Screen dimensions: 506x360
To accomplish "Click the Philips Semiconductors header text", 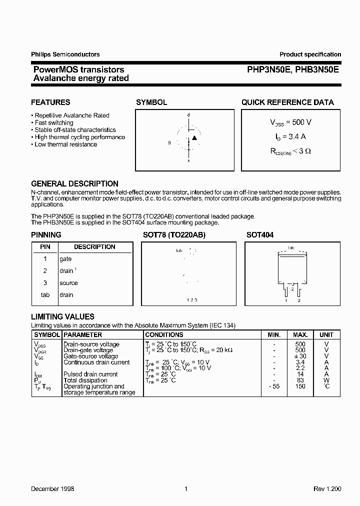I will pyautogui.click(x=65, y=54).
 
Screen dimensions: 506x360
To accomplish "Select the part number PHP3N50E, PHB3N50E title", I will pyautogui.click(x=292, y=70).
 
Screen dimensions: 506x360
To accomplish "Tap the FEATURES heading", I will pyautogui.click(x=50, y=102).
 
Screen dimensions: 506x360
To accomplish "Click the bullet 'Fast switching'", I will pyautogui.click(x=53, y=122).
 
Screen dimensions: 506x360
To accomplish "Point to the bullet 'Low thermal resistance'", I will pyautogui.click(x=65, y=144).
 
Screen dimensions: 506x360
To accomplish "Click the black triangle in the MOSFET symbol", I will pyautogui.click(x=194, y=137).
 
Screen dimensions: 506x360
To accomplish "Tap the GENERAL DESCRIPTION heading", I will pyautogui.click(x=75, y=183).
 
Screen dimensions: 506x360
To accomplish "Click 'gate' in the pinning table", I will pyautogui.click(x=65, y=259).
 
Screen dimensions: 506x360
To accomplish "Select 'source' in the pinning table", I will pyautogui.click(x=68, y=283).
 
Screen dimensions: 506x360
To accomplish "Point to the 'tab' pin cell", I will pyautogui.click(x=45, y=295).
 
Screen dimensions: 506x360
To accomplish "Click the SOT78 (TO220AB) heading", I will pyautogui.click(x=170, y=235).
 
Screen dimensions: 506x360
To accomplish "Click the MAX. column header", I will pyautogui.click(x=300, y=335).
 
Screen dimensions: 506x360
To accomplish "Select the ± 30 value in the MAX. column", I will pyautogui.click(x=300, y=356).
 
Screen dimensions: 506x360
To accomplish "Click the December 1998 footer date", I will pyautogui.click(x=52, y=488).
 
